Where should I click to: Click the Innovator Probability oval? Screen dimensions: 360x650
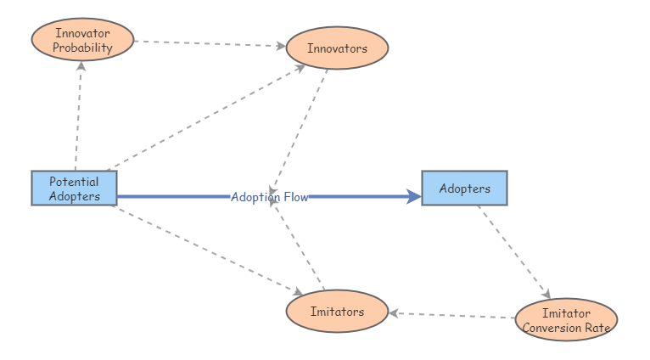coord(82,39)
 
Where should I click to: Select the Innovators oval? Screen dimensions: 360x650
coord(337,48)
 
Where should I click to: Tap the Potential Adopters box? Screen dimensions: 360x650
coord(74,188)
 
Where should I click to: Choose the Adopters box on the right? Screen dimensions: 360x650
coord(464,188)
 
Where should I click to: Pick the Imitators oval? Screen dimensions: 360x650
coord(337,312)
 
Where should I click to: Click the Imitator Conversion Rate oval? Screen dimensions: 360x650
coord(566,320)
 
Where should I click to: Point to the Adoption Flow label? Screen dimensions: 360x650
coord(269,197)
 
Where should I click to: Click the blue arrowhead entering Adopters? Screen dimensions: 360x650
coord(414,197)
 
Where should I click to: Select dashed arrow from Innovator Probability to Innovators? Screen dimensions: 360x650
coord(210,43)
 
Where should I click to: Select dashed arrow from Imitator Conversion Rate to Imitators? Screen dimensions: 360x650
coord(451,315)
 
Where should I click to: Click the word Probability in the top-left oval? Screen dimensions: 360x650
coord(82,48)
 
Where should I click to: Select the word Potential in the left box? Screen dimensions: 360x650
coord(74,181)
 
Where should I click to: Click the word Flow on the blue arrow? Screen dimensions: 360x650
coord(295,197)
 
